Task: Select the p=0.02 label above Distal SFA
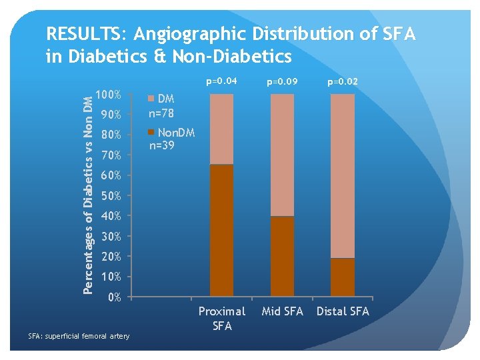click(342, 82)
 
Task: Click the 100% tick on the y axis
click(109, 95)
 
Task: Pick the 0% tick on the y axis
click(114, 297)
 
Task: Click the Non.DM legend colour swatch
click(151, 132)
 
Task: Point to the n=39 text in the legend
click(162, 144)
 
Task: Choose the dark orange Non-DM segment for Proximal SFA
click(221, 230)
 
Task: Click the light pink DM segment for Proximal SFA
click(221, 129)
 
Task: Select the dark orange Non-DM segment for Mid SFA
click(282, 256)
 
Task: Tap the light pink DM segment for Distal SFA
click(343, 175)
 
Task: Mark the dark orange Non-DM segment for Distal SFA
click(343, 277)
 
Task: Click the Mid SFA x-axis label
click(282, 311)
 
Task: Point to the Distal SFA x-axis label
click(343, 311)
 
